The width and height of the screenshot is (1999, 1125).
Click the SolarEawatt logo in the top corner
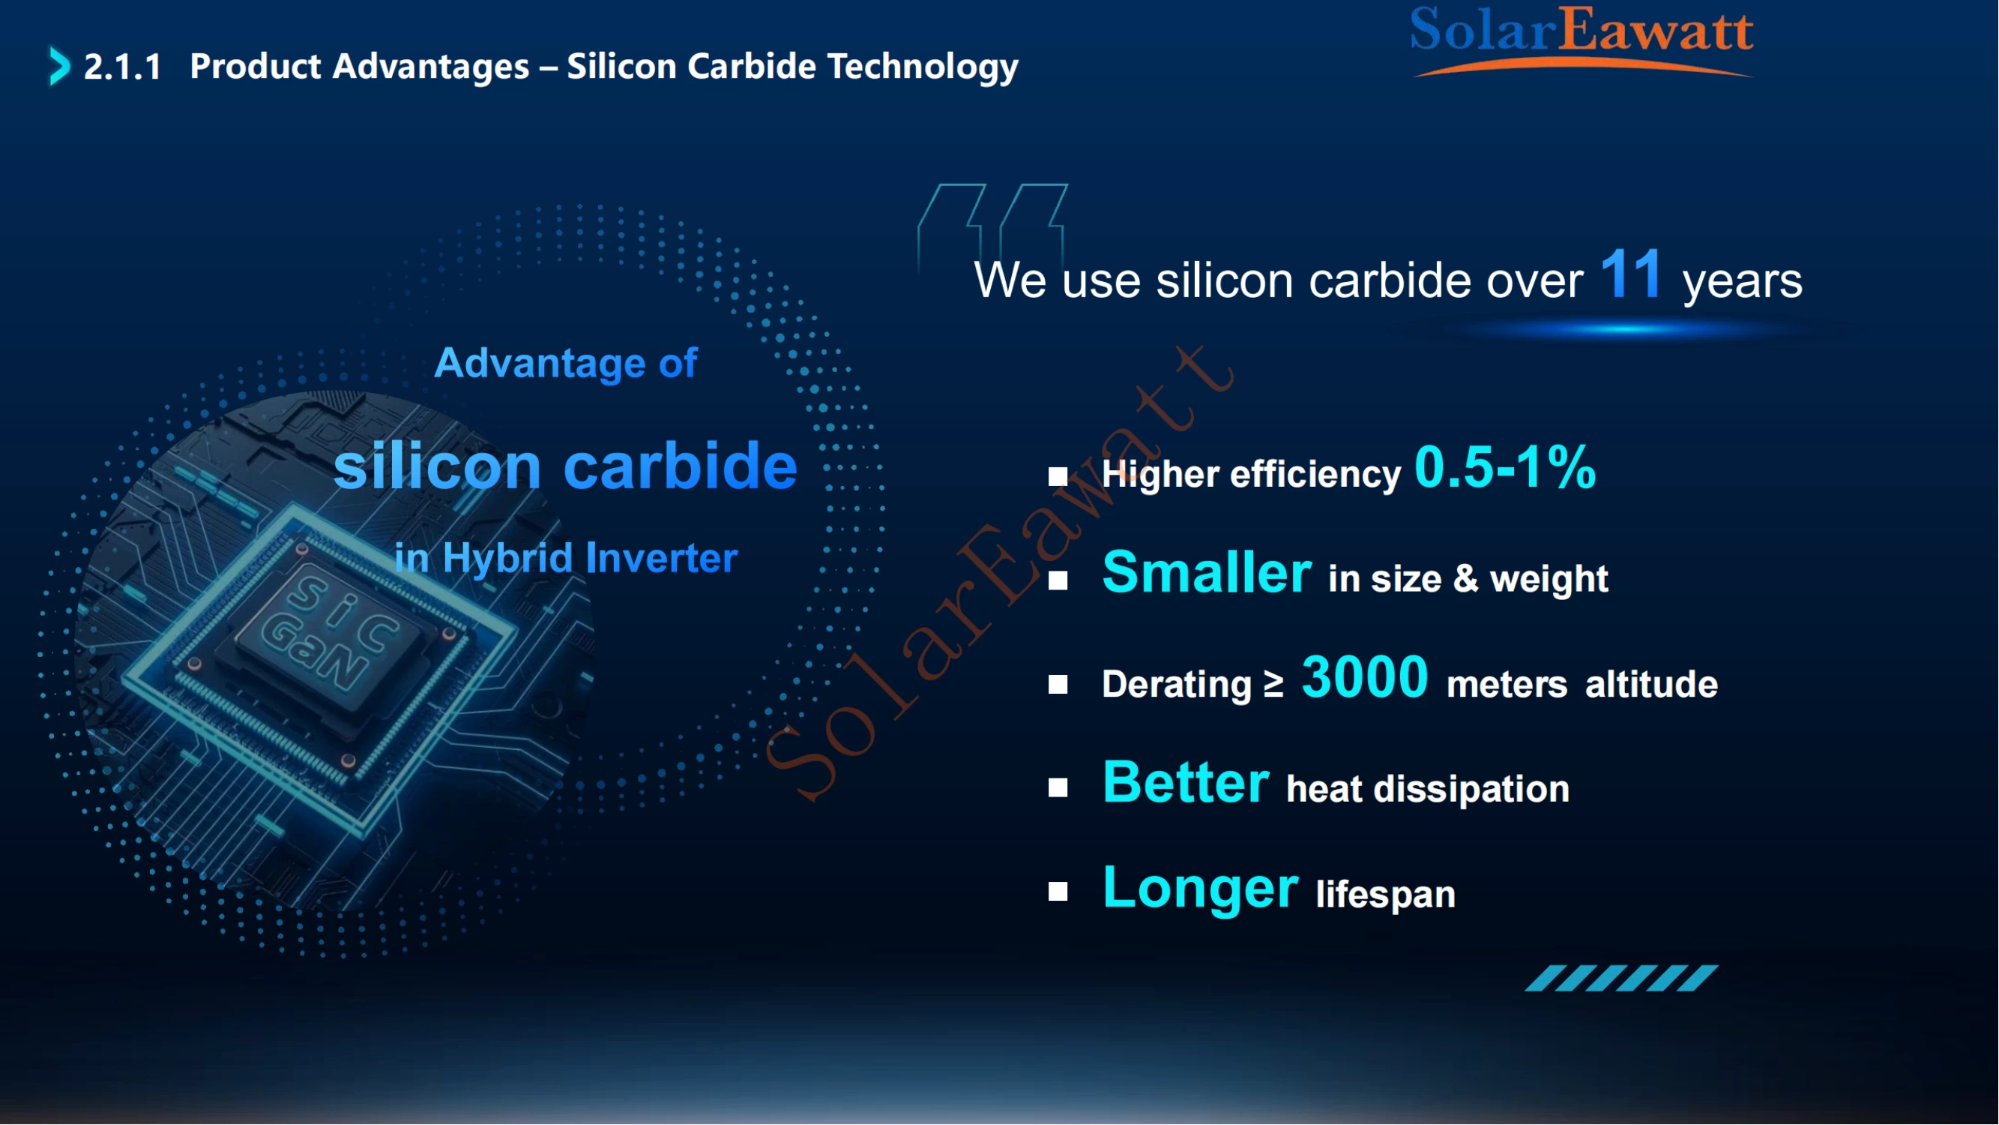click(x=1582, y=40)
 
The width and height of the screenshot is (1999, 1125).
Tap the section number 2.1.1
click(x=123, y=67)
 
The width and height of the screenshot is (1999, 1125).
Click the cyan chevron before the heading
click(x=59, y=66)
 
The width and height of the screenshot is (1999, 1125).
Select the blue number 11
click(x=1631, y=274)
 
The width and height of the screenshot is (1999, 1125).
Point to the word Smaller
click(x=1207, y=573)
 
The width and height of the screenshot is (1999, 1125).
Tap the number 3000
click(x=1365, y=678)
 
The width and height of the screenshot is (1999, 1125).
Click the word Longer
click(x=1201, y=889)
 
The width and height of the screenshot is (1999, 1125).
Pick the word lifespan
click(x=1386, y=895)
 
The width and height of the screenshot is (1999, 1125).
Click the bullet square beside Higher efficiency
click(x=1058, y=476)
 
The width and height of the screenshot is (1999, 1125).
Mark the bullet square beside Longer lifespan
click(x=1058, y=892)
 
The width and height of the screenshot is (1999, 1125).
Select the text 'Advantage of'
click(x=566, y=363)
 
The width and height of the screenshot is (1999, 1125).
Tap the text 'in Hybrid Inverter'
click(x=566, y=558)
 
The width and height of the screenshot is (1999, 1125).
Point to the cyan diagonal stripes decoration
click(x=1623, y=979)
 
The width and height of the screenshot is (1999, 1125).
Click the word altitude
click(x=1652, y=685)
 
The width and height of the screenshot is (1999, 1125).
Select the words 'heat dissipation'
click(x=1429, y=790)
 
